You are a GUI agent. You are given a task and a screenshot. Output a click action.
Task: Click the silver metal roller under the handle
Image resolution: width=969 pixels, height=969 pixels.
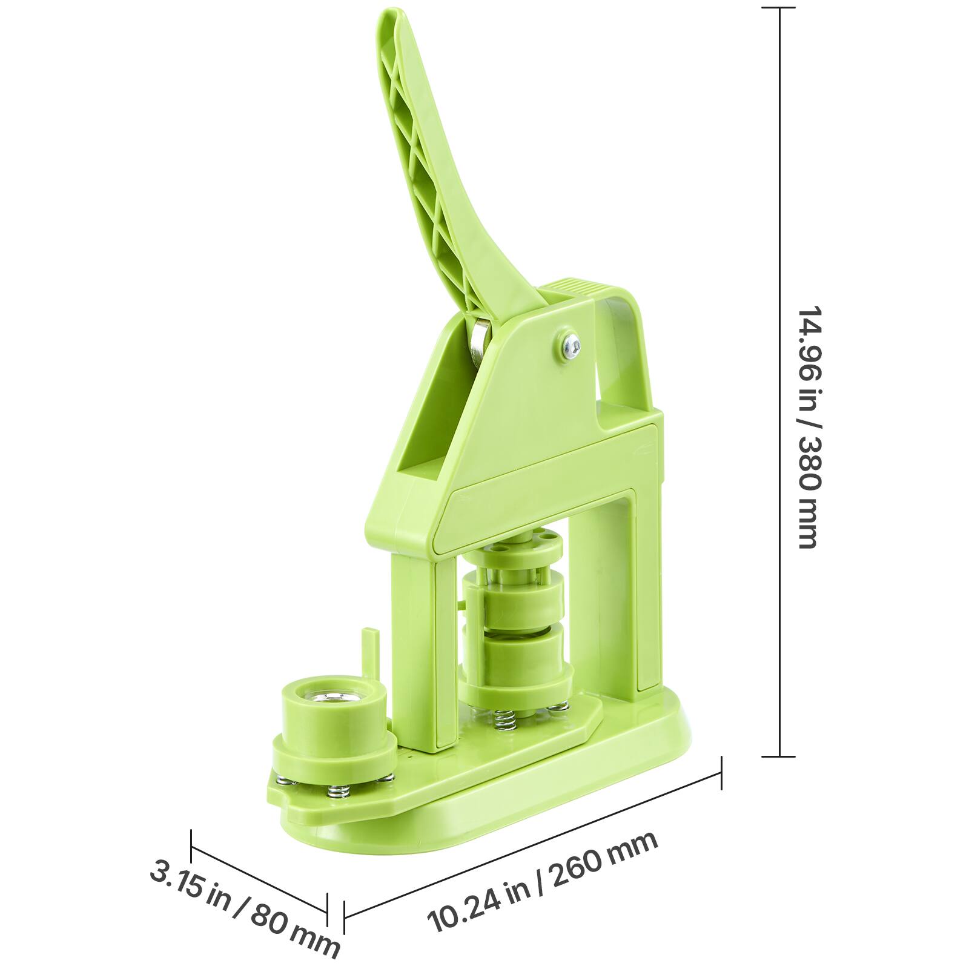pos(481,343)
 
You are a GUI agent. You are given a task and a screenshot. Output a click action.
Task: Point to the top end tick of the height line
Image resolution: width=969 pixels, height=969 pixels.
pos(779,8)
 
